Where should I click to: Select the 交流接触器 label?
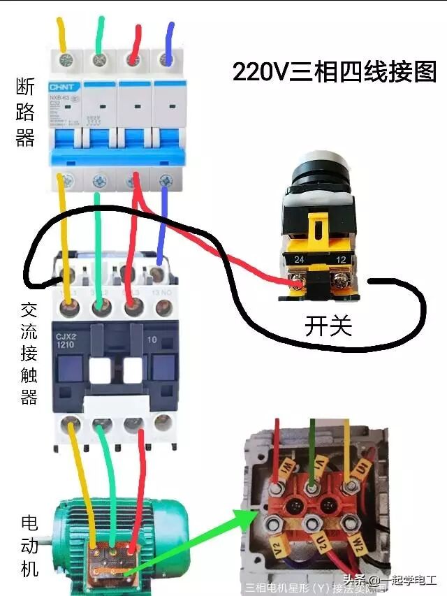(29, 354)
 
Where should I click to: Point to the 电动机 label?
(29, 546)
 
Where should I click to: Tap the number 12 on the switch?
(342, 260)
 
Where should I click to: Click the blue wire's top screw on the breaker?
(166, 59)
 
